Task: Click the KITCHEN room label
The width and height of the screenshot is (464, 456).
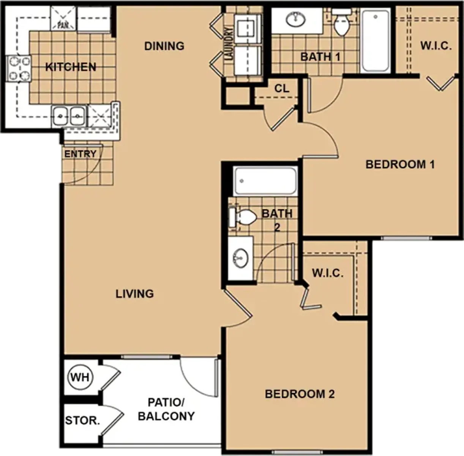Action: point(71,67)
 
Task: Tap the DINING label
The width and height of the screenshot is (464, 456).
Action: point(164,46)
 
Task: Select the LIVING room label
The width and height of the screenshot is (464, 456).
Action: point(134,294)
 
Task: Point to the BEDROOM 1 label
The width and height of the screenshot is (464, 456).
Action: point(400,165)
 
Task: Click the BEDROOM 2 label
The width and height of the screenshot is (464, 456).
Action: point(300,394)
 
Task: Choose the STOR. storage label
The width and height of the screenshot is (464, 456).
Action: point(82,420)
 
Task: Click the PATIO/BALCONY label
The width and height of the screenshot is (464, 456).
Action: point(166,409)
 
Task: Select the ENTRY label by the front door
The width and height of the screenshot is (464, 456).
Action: point(80,154)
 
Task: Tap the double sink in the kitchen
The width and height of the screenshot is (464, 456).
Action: point(69,116)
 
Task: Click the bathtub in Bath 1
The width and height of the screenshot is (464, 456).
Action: point(376,41)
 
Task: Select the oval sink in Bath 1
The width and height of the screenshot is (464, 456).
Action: point(295,19)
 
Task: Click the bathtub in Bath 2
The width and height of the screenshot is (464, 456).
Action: point(265,181)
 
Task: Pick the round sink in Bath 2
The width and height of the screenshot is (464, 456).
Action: point(240,258)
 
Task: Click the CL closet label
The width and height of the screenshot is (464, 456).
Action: point(282,89)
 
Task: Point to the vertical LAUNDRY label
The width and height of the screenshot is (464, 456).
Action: point(229,44)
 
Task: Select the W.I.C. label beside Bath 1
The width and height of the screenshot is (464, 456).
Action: point(436,46)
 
